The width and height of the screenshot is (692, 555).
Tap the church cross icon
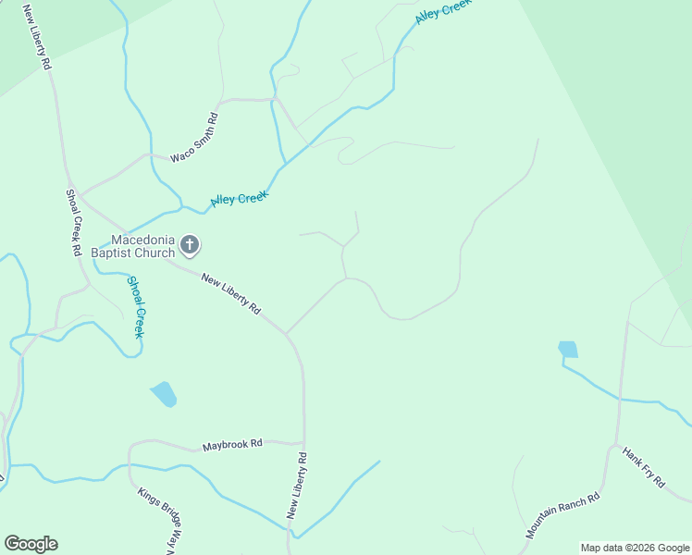(x=190, y=245)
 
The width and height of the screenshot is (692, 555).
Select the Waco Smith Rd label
(x=194, y=138)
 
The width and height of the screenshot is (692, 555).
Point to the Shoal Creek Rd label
(x=73, y=223)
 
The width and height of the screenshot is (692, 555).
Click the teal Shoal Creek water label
(x=136, y=307)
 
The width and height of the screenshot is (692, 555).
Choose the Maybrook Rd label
(x=232, y=445)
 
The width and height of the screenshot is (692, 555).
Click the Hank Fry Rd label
(x=644, y=467)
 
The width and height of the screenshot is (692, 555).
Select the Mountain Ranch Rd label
(x=562, y=515)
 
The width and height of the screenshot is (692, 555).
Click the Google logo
(x=31, y=544)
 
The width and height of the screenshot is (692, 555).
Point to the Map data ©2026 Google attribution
(x=636, y=548)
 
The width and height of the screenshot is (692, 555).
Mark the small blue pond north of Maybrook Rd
(x=164, y=394)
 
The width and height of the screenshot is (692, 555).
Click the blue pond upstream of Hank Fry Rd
(x=568, y=350)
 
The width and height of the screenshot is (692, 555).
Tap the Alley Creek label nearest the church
(x=240, y=198)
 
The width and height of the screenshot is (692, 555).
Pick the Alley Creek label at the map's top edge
(x=443, y=11)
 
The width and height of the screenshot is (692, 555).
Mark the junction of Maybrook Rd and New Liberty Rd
(x=303, y=443)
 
